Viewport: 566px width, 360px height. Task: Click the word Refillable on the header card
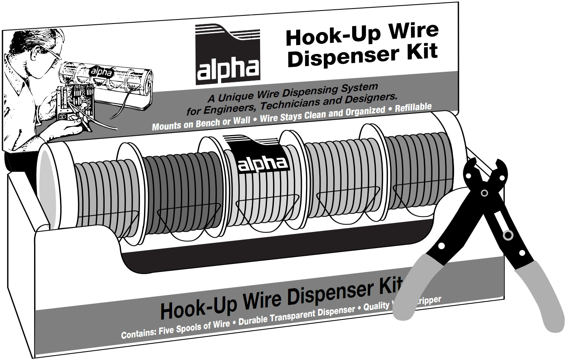click(x=413, y=107)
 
